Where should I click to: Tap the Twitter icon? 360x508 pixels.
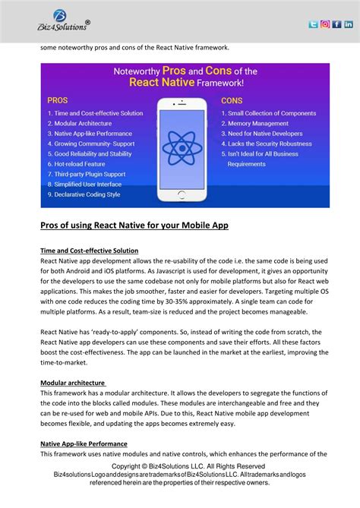tap(313, 24)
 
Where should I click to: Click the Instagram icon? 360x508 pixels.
tap(325, 24)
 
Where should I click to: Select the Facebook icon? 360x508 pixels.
tap(336, 24)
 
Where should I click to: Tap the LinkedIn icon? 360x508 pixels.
tap(349, 24)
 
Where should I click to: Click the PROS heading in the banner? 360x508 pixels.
tap(58, 99)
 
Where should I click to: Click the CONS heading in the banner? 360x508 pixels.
tap(232, 100)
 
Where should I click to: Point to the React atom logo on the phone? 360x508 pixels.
tap(185, 144)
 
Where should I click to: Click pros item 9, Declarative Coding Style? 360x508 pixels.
tap(84, 194)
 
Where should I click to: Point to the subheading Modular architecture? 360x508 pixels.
tap(73, 382)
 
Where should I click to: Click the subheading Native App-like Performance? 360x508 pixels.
tap(84, 443)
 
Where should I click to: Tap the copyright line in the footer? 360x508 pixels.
tap(188, 465)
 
